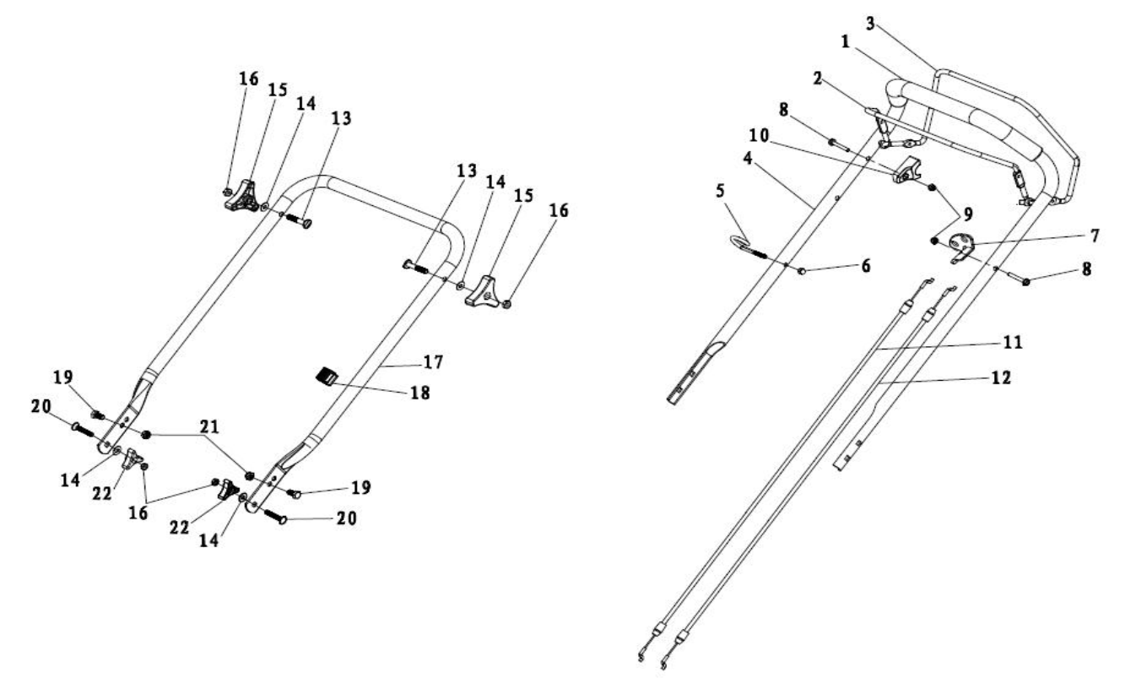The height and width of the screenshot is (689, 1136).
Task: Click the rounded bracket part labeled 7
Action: [961, 247]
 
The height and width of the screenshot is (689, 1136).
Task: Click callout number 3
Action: [871, 23]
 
